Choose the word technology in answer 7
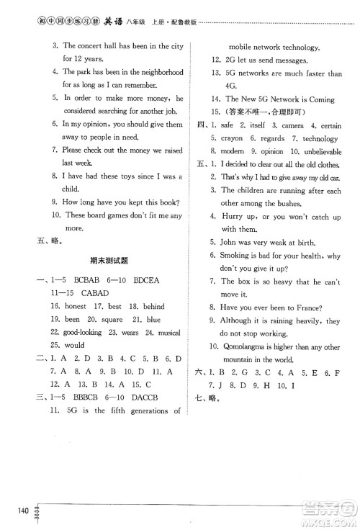pyautogui.click(x=320, y=139)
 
